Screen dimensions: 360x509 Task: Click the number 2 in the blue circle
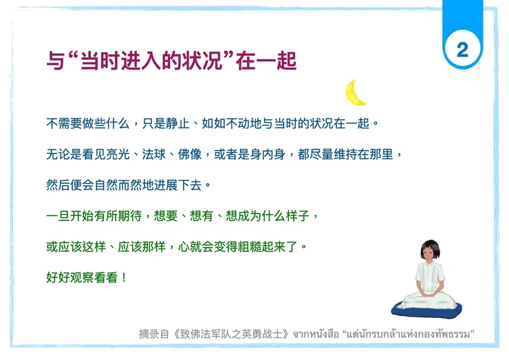(462, 49)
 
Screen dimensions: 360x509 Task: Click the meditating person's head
(431, 252)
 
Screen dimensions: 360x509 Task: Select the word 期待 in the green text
(130, 216)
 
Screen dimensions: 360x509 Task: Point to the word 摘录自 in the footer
(153, 335)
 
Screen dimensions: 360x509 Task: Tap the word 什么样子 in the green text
(288, 216)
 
